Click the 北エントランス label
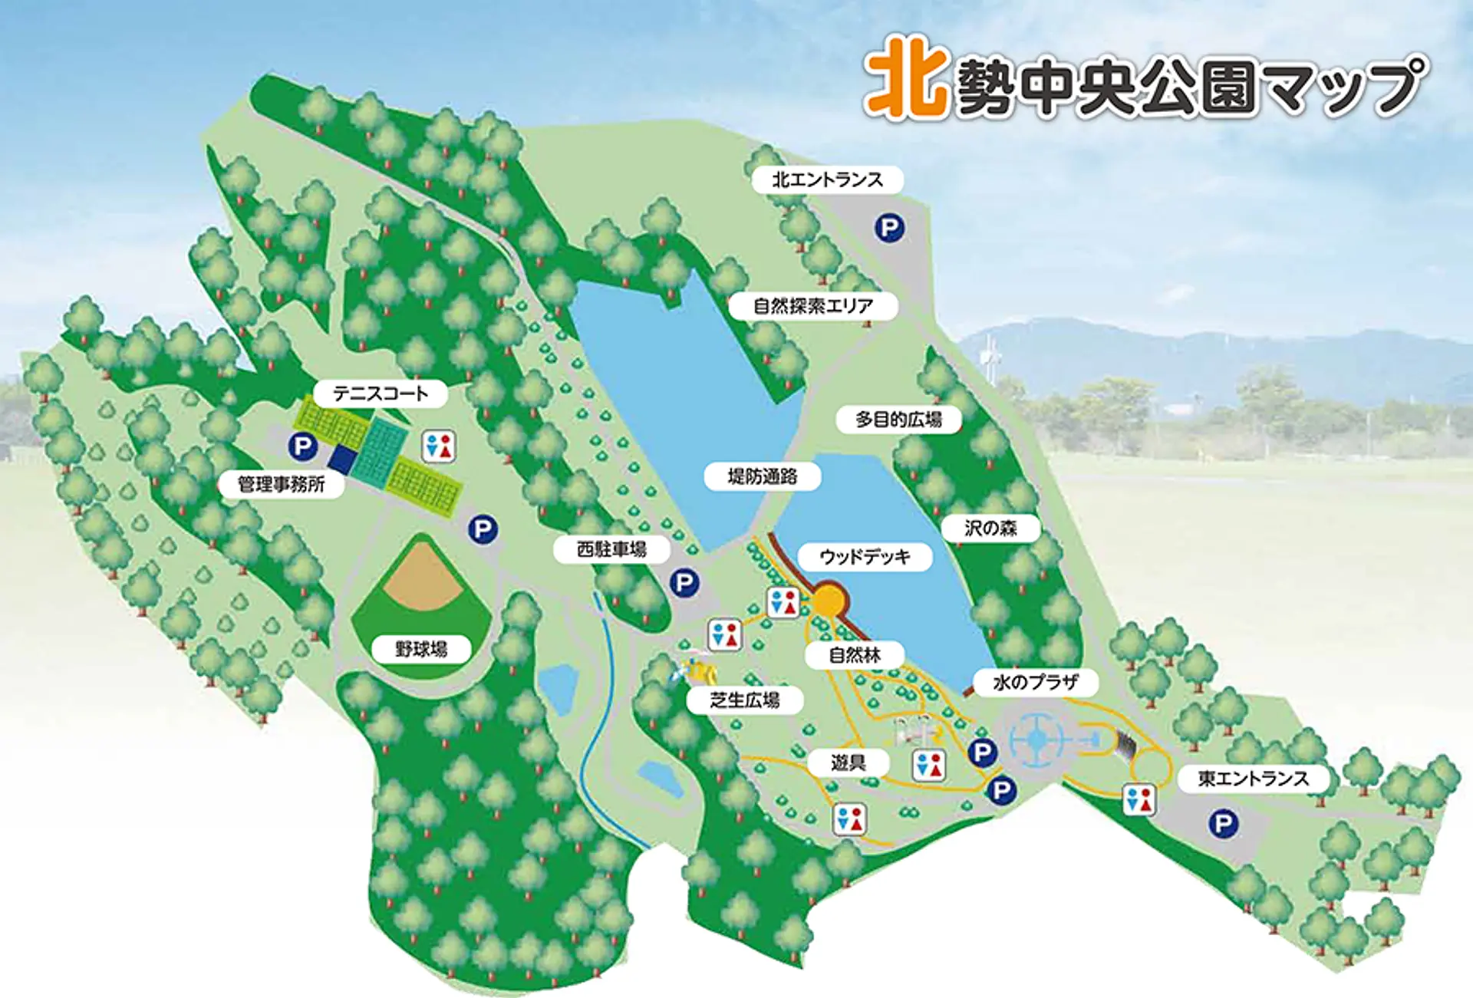pyautogui.click(x=827, y=180)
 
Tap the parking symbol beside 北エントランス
pyautogui.click(x=890, y=228)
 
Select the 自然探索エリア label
pyautogui.click(x=813, y=306)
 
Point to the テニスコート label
pyautogui.click(x=380, y=394)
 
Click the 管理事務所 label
pyautogui.click(x=281, y=484)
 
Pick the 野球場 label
pyautogui.click(x=421, y=650)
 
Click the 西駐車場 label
pyautogui.click(x=611, y=549)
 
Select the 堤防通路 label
pyautogui.click(x=763, y=476)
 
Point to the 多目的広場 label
pyautogui.click(x=898, y=420)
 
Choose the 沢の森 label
pyautogui.click(x=990, y=528)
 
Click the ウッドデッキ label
pyautogui.click(x=865, y=557)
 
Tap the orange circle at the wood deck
pyautogui.click(x=829, y=600)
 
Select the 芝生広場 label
pyautogui.click(x=745, y=700)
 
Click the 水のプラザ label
pyautogui.click(x=1035, y=682)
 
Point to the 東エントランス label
pyautogui.click(x=1253, y=779)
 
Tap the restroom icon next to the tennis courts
pyautogui.click(x=439, y=446)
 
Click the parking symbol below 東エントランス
pyautogui.click(x=1223, y=825)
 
